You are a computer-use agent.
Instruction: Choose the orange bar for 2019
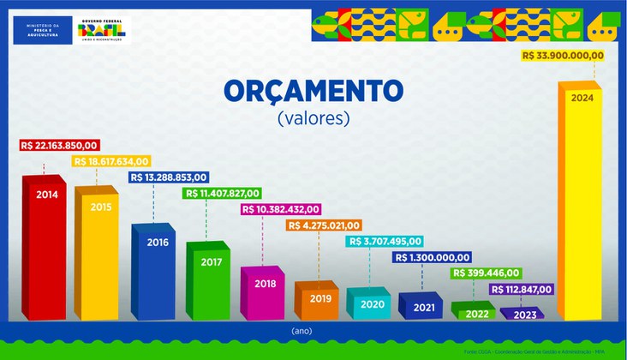316,300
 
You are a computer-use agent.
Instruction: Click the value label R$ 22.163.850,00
60,146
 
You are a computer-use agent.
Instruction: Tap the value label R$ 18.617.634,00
112,161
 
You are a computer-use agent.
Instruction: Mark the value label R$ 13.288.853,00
168,177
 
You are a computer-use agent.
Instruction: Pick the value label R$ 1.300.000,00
432,257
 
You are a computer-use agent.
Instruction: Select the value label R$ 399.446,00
484,273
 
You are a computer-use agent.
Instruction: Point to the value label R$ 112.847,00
521,289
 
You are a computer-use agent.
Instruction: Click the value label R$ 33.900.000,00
563,56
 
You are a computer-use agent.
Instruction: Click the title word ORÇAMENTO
313,92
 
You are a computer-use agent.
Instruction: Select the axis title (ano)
313,328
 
